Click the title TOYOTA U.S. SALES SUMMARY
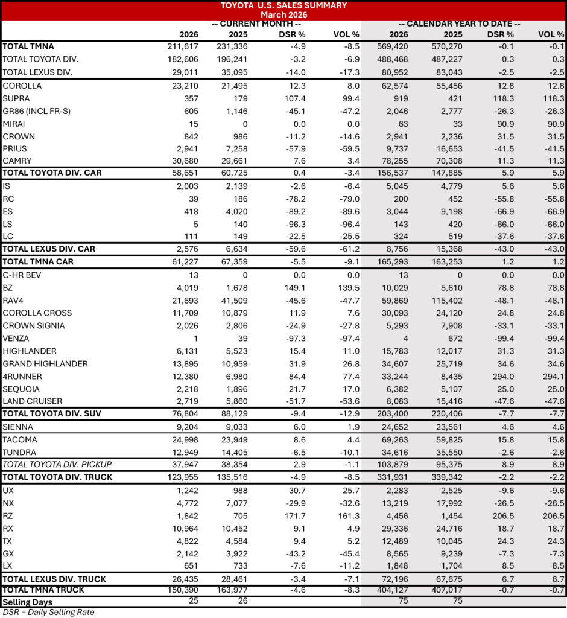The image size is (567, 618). point(284,5)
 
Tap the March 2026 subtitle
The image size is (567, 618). point(284,14)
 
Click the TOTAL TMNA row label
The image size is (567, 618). point(25,46)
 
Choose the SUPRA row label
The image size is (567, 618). point(16,98)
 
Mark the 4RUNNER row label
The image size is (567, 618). point(22,377)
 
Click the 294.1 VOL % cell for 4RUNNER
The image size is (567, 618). point(551,377)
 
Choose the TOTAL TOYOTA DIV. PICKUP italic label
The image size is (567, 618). point(57,464)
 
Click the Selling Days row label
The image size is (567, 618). point(27,602)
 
